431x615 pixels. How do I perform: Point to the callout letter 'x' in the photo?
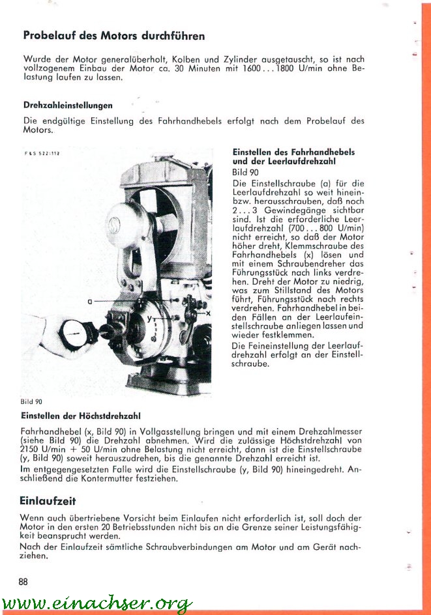pyautogui.click(x=209, y=313)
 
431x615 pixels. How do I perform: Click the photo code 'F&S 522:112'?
pyautogui.click(x=42, y=154)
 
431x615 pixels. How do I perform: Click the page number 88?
pyautogui.click(x=23, y=582)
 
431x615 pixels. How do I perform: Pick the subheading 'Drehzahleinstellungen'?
pyautogui.click(x=68, y=105)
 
